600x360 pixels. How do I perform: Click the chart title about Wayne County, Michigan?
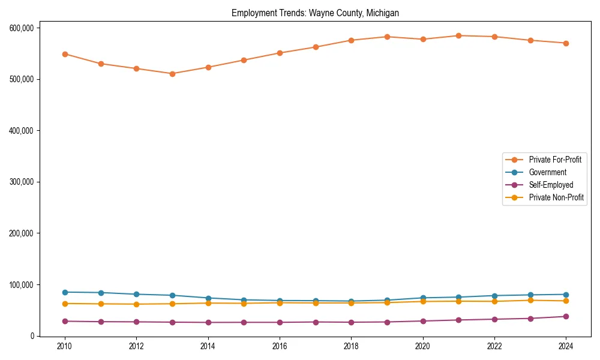315,13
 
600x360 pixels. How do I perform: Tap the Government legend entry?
547,172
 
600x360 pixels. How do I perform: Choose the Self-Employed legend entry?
551,185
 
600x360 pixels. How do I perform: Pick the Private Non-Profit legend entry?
556,197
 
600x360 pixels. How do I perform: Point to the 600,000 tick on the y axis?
21,28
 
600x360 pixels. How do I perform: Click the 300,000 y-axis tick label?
21,182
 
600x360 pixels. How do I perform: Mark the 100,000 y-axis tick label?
21,284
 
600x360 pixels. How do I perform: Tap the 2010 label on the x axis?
65,346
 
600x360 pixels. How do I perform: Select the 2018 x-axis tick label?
351,346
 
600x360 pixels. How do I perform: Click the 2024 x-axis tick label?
566,346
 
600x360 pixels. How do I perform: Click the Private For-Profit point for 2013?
172,74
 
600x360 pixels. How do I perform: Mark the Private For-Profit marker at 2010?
65,54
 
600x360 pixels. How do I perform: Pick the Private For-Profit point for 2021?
458,35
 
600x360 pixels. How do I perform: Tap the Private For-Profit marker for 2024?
566,43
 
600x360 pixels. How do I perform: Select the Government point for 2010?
65,292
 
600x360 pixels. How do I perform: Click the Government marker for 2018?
351,301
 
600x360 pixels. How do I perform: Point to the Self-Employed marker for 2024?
566,316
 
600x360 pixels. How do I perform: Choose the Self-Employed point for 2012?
136,322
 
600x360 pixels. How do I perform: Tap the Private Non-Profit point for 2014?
208,303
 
